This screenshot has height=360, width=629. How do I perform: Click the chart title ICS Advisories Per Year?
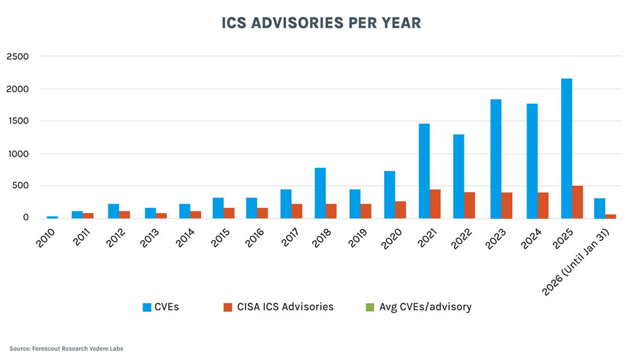321,23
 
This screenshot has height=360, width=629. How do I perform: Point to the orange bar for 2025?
578,202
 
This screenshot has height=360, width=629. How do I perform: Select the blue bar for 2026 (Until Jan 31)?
600,209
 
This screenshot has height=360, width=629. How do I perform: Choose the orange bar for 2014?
196,214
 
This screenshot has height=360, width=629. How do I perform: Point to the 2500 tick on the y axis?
18,57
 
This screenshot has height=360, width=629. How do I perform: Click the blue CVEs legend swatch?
147,307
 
